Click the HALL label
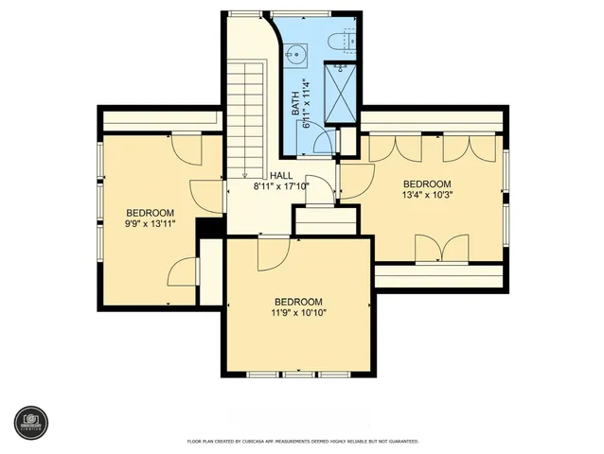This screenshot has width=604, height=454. (x=281, y=176)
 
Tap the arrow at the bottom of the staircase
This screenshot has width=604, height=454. (x=244, y=174)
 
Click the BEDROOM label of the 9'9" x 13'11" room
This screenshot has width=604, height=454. (x=150, y=212)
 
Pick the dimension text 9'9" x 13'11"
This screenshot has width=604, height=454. (x=150, y=224)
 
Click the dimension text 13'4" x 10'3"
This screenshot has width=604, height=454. (x=427, y=196)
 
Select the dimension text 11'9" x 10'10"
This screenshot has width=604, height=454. (x=299, y=312)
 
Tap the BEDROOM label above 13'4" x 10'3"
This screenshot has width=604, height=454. (x=427, y=184)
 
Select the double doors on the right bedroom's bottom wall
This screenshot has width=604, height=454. (x=441, y=248)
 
